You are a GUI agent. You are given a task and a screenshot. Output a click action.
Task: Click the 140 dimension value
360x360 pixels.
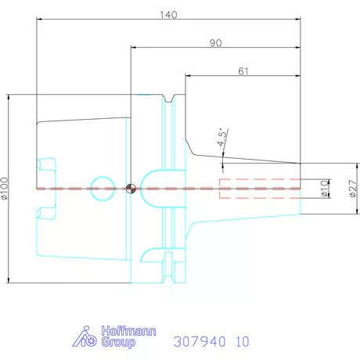(168, 15)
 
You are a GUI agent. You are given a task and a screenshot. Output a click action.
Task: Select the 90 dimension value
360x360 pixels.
(216, 43)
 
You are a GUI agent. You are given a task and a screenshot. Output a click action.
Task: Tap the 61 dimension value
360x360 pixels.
(243, 71)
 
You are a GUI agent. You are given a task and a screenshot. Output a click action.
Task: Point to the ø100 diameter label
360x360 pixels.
(5, 189)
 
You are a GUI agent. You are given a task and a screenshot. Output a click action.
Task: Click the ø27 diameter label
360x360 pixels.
(353, 189)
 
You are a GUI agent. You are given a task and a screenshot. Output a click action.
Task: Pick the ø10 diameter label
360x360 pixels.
(324, 189)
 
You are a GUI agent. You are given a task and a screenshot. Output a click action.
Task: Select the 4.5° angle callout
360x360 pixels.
(222, 137)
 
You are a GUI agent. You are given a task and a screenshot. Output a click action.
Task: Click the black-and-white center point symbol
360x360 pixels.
(131, 189)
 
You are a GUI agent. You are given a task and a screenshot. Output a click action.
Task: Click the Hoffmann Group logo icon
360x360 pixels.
(85, 337)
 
